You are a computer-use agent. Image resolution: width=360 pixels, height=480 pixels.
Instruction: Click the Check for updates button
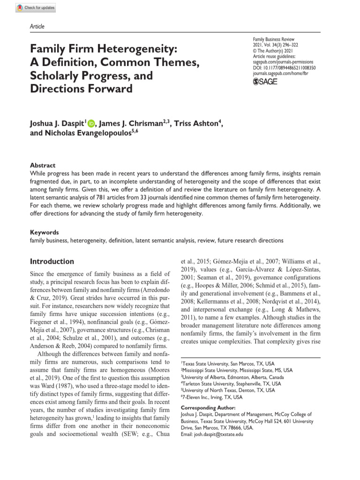(x=36, y=7)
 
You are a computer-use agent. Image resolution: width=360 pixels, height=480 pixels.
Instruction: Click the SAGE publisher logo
(x=265, y=82)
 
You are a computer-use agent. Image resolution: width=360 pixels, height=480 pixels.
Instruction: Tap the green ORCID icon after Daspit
(x=90, y=123)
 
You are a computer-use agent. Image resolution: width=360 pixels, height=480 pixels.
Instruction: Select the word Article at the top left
(x=37, y=27)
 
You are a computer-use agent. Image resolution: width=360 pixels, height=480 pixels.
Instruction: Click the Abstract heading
(x=43, y=165)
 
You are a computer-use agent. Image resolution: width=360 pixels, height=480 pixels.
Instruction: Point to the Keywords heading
(x=45, y=232)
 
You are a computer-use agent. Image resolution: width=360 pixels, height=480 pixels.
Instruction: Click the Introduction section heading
(x=52, y=262)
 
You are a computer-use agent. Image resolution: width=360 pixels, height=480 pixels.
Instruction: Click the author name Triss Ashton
(x=196, y=123)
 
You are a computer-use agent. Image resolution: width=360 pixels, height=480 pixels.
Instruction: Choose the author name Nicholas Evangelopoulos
(x=89, y=133)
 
